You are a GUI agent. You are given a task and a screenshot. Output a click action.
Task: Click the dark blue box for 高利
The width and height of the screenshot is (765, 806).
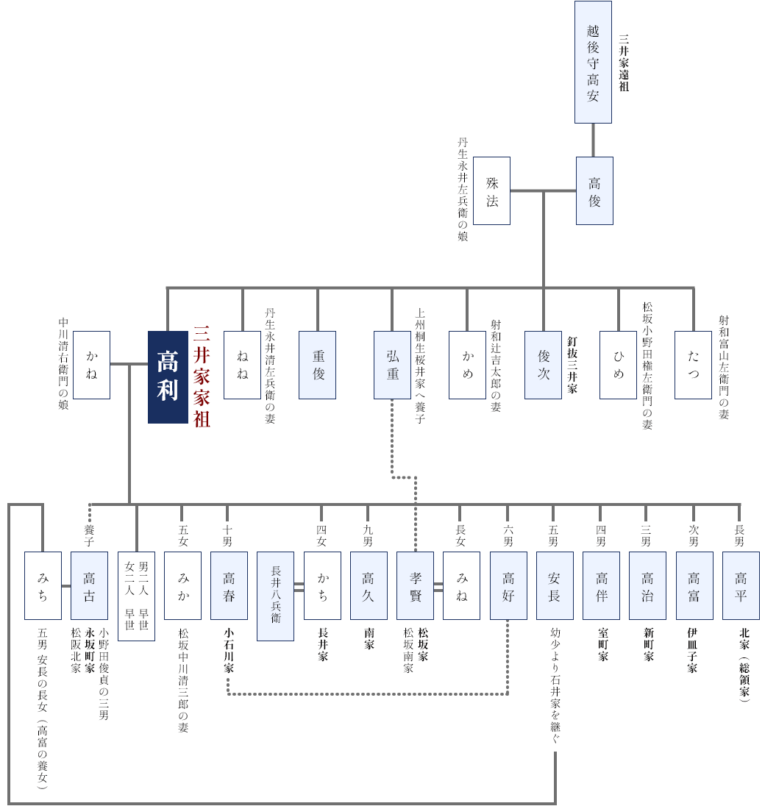tap(168, 377)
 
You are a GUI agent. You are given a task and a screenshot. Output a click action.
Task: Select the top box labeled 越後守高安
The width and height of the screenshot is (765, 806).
tap(593, 63)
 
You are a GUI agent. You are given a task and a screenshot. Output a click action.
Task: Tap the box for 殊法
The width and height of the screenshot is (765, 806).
tap(491, 190)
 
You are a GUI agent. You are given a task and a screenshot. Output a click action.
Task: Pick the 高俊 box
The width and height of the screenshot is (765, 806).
tap(594, 190)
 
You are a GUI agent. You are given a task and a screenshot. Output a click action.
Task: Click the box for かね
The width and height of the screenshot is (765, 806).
tap(91, 365)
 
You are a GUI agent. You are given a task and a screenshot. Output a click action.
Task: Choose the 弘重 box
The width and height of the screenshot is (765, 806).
tap(392, 365)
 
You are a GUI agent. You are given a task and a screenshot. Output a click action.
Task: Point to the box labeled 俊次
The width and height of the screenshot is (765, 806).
tap(543, 365)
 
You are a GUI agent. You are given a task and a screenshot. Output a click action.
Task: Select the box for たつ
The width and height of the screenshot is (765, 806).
tap(693, 365)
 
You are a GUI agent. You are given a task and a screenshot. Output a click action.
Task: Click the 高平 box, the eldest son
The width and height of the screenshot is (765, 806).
tap(741, 585)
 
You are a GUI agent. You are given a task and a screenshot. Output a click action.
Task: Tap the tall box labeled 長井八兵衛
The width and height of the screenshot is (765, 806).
tap(276, 596)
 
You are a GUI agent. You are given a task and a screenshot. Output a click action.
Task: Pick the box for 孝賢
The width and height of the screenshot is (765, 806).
tap(416, 585)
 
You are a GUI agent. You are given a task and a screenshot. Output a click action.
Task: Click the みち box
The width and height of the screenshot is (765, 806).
tap(43, 585)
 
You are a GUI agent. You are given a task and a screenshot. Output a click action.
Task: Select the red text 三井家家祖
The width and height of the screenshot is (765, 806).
tap(202, 377)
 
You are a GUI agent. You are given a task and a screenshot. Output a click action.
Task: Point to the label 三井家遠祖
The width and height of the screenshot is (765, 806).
tap(624, 63)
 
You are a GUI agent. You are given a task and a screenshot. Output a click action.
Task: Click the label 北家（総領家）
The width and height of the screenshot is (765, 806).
tap(744, 665)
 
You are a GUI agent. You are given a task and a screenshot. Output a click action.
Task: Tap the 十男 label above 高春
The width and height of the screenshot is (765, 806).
tap(227, 535)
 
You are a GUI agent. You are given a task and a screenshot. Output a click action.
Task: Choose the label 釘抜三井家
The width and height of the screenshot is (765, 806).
tap(572, 365)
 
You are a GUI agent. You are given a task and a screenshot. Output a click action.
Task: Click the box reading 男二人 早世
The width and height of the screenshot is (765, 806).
tap(136, 596)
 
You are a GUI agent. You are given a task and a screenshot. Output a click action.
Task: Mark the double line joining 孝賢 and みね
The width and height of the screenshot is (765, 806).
tap(438, 587)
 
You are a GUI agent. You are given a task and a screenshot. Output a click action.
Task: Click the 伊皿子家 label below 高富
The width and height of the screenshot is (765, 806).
tap(692, 650)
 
